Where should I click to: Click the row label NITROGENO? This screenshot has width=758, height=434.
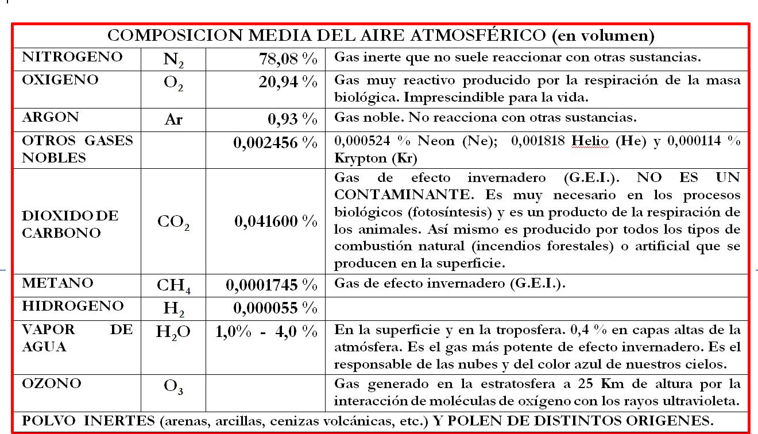click(72, 57)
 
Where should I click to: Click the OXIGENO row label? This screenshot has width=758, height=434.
click(60, 80)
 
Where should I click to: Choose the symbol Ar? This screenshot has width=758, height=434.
click(173, 120)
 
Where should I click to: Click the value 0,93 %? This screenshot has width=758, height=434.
click(292, 119)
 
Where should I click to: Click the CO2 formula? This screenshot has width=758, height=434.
click(173, 222)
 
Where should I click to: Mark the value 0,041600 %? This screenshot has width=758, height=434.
click(276, 221)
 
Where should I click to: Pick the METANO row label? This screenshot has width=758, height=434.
click(57, 283)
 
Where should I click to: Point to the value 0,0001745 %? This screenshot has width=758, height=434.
click(272, 284)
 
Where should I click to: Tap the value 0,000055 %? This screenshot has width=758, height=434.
click(276, 308)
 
